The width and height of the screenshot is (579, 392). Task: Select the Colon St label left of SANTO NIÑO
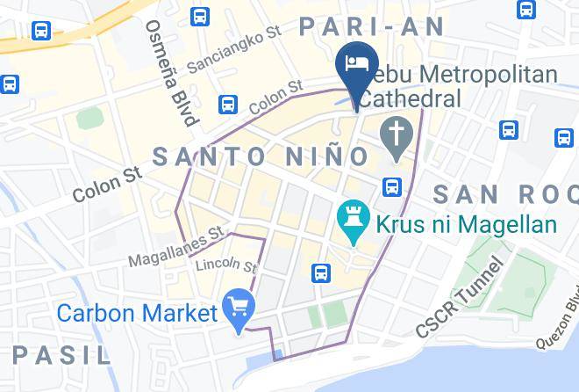click(108, 182)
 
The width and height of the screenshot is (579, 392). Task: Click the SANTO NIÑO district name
click(261, 156)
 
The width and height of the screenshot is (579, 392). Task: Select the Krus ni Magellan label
click(466, 224)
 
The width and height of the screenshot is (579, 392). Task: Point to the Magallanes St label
click(176, 249)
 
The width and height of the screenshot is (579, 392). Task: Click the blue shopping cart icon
click(238, 308)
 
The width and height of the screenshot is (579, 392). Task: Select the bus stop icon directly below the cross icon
click(392, 187)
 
